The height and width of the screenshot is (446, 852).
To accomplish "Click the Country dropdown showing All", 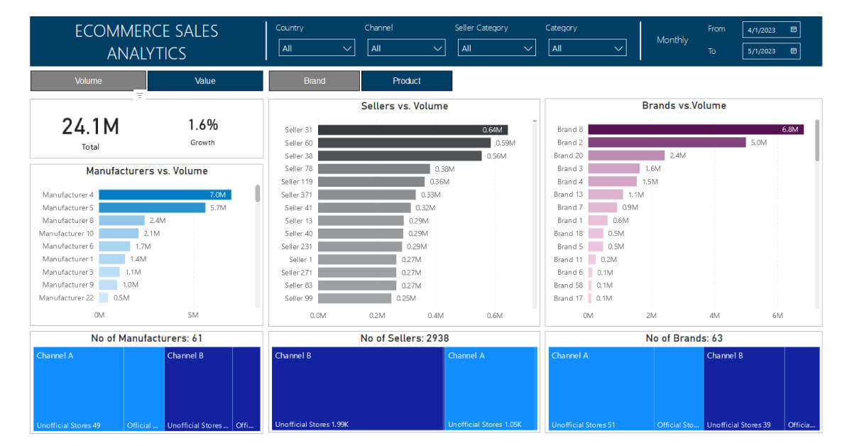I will [317, 48].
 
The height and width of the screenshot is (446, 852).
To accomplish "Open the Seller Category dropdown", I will [497, 48].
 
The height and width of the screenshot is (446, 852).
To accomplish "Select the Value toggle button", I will [205, 81].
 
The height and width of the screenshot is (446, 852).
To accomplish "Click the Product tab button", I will [406, 81].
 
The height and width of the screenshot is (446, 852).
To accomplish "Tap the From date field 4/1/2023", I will [766, 30].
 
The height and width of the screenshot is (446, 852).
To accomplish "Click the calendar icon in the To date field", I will [794, 51].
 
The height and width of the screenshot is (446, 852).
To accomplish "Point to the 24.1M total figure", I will [90, 126].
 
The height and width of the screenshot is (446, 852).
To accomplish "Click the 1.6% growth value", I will [202, 125].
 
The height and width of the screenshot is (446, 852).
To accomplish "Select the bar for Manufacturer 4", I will [165, 195].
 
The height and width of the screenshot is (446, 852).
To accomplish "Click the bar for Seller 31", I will [412, 130].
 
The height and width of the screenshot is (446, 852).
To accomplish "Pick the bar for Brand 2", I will [666, 143].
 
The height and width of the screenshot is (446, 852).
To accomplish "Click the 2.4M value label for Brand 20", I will [677, 156].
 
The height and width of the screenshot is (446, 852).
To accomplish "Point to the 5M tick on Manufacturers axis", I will [192, 315].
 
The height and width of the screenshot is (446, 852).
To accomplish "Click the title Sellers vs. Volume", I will [404, 107].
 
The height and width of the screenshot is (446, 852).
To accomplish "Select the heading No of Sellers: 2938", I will [404, 338].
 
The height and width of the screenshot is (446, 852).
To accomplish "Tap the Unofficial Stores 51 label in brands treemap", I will [583, 425].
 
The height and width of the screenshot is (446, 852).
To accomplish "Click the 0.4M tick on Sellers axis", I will [435, 315].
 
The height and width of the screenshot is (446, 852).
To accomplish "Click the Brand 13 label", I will [569, 195].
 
